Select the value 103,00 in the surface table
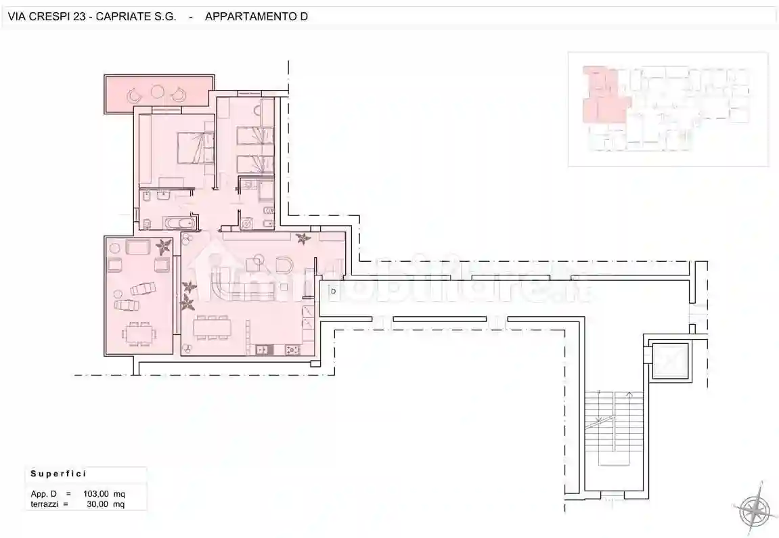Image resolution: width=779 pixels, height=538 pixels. [x=97, y=494]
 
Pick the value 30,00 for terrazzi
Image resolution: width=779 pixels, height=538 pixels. [x=98, y=504]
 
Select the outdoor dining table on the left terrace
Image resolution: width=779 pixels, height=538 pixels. [x=139, y=333]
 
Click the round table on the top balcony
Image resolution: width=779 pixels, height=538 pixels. [x=157, y=91]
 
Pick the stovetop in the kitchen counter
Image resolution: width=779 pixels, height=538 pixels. [x=293, y=349]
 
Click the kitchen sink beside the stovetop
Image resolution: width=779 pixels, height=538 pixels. [x=263, y=349]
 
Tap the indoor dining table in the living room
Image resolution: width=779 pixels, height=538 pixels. [x=213, y=328]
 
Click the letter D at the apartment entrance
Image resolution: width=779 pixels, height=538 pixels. [x=333, y=291]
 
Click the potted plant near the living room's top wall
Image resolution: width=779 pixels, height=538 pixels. [x=303, y=238]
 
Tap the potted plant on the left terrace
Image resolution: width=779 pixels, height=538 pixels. [x=163, y=244]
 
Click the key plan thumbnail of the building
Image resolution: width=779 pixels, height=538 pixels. [x=668, y=109]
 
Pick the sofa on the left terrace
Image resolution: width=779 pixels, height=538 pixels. [x=139, y=248]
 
